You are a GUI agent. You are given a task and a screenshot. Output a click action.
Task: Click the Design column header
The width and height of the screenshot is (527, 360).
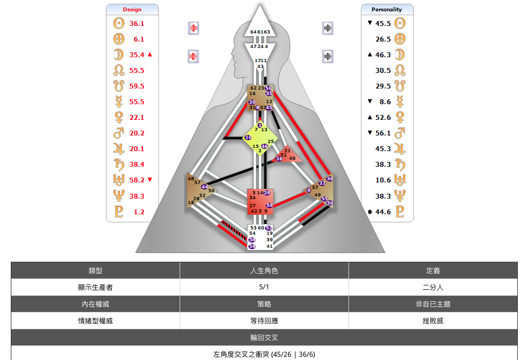(132, 10)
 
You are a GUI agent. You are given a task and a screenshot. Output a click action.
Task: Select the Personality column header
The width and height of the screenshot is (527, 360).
(387, 10)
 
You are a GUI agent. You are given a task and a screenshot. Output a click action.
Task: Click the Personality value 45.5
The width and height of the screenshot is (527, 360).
(383, 24)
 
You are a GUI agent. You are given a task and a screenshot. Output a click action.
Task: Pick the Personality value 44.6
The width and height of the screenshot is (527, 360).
(383, 212)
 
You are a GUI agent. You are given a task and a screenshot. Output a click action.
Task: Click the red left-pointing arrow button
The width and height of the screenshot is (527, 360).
(194, 28)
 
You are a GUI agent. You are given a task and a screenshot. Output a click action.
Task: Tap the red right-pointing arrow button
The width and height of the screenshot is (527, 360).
(194, 56)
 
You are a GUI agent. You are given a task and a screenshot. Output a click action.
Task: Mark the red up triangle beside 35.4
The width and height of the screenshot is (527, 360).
(150, 55)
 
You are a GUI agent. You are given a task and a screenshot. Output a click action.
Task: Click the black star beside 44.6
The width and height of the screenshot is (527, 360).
(369, 212)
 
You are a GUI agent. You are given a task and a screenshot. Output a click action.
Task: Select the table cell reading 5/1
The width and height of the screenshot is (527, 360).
(264, 287)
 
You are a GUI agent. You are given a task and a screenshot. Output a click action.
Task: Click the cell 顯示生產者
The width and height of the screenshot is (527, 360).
(95, 287)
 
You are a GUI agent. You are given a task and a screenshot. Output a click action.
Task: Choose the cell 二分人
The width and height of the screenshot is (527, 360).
(433, 287)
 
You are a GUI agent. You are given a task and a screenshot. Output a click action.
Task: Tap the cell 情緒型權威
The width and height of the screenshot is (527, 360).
(95, 321)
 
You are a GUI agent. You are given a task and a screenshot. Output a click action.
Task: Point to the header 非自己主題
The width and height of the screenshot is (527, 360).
(433, 304)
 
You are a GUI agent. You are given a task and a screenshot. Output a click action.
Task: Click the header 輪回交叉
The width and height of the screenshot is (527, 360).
(264, 337)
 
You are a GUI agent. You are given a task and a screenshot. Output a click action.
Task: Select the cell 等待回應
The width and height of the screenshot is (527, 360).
(264, 321)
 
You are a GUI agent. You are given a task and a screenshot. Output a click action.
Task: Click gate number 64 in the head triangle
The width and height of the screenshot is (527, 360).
(254, 32)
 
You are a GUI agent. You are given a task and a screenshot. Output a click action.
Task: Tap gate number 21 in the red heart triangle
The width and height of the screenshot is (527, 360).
(288, 151)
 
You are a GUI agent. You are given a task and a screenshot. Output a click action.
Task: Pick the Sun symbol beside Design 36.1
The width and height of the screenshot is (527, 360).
(119, 24)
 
